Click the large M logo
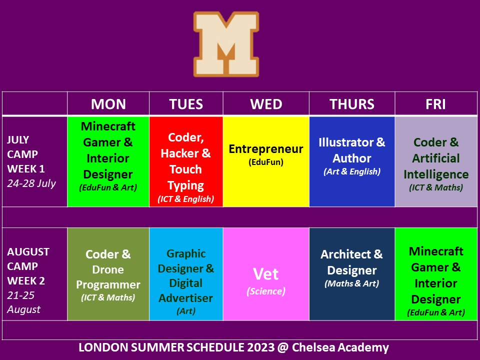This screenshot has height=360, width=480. (x=226, y=44)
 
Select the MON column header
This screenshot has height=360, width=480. (x=108, y=104)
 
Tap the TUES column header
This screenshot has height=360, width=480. (x=186, y=104)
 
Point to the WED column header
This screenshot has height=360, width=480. (x=266, y=104)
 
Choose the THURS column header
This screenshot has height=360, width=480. (x=352, y=104)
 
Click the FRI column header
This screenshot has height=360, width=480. (x=435, y=104)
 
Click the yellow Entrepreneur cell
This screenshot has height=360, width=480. (x=266, y=161)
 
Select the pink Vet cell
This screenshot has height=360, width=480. (x=266, y=274)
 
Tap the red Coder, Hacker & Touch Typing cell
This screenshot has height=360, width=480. (x=186, y=161)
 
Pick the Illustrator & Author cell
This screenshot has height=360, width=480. (x=352, y=161)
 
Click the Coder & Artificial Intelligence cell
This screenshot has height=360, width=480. (x=436, y=161)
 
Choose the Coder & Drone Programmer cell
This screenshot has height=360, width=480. (x=108, y=274)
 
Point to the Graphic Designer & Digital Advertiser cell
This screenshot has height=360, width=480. (x=186, y=274)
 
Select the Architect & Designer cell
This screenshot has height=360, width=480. (x=352, y=274)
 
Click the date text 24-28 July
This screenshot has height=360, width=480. (x=31, y=183)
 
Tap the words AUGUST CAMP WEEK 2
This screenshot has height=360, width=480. (x=28, y=266)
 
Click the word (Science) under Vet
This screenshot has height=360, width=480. (x=266, y=291)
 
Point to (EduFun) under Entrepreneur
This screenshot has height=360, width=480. (x=266, y=162)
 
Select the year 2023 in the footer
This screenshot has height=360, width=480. (x=261, y=347)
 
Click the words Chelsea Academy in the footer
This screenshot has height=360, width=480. (x=340, y=347)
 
